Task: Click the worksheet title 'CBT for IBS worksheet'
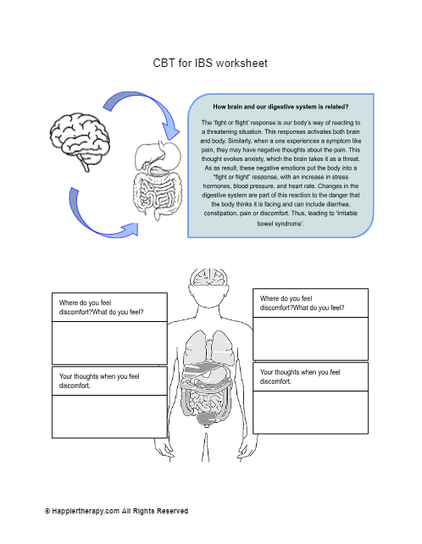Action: [x=210, y=64]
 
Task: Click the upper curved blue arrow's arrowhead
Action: [x=170, y=130]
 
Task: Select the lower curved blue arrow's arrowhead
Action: [x=130, y=230]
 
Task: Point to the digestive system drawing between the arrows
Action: [x=158, y=180]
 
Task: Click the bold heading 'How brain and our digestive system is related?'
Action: [x=280, y=107]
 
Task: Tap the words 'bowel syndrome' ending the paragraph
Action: [x=280, y=224]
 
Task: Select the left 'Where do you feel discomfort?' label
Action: [x=101, y=307]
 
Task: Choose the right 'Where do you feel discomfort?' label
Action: [x=302, y=303]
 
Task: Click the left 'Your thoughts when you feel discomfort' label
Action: [x=99, y=380]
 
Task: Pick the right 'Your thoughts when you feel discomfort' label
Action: [x=300, y=376]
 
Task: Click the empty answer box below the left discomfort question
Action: [x=109, y=343]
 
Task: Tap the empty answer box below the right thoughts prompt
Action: [x=311, y=412]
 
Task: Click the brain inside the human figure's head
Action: [x=208, y=277]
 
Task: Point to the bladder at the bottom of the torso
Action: [x=208, y=419]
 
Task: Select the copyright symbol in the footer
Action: [x=47, y=511]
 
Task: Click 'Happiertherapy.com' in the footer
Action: [x=86, y=511]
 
